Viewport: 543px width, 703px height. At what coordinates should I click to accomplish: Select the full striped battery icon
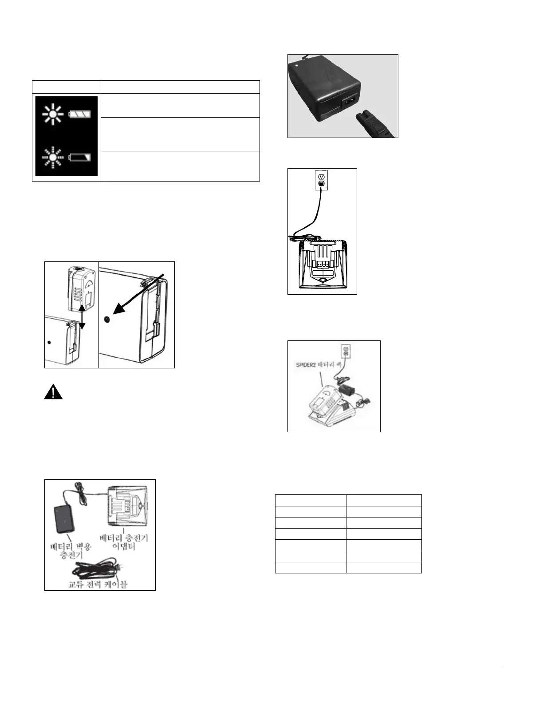point(82,115)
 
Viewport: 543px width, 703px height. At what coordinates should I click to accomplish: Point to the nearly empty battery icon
point(82,157)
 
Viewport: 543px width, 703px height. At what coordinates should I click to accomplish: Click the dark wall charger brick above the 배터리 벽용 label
point(64,519)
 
